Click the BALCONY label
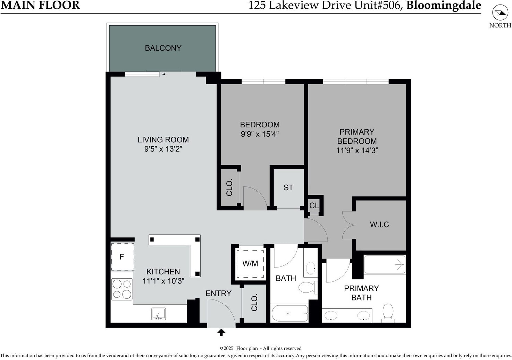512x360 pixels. tap(163, 48)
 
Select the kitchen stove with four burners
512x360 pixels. tap(122, 289)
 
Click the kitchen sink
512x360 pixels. tap(158, 314)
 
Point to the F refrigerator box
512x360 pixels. tap(123, 257)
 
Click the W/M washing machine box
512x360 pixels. tap(250, 264)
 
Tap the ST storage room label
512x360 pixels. tap(288, 187)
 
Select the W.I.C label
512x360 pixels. tap(379, 224)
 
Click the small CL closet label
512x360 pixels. tap(314, 206)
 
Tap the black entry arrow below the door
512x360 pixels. tap(221, 332)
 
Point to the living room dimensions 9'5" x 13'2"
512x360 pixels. tap(163, 149)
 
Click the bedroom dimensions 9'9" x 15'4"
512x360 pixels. tap(260, 134)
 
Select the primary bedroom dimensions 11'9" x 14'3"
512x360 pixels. tap(357, 151)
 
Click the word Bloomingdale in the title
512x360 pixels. tap(444, 6)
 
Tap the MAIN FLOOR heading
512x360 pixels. tap(40, 5)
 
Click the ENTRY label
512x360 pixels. tap(218, 293)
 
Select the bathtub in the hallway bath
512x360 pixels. tap(289, 313)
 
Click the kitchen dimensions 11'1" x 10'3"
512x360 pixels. tap(163, 281)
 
